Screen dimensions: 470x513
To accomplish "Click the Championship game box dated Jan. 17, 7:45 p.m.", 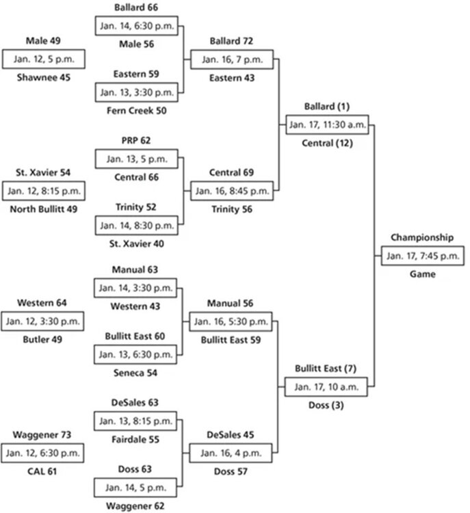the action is (423, 256).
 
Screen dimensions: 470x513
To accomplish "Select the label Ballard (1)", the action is (327, 106).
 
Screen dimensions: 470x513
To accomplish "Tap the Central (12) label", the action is (327, 143).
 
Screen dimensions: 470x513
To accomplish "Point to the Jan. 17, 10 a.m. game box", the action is (326, 386).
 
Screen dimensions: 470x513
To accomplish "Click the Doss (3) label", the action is (326, 405).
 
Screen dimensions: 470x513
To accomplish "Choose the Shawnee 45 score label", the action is (44, 77).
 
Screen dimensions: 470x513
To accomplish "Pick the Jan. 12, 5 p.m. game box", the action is (44, 60).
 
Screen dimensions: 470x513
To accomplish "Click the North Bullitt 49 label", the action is (44, 209).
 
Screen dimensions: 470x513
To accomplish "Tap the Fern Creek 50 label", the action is (136, 111).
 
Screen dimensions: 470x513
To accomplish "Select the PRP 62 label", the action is (136, 140).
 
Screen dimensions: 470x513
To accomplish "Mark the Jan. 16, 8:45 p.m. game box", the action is (232, 191).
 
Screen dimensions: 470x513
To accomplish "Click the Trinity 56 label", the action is (232, 209).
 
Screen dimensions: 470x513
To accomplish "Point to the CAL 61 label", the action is (42, 471).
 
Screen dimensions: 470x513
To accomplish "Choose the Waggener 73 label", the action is (42, 435).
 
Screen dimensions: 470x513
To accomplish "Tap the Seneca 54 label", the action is (135, 373).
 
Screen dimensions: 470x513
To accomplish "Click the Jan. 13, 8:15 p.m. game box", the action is (135, 421).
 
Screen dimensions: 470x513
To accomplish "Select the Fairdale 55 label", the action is (135, 439).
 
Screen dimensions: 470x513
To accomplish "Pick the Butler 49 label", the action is (42, 339).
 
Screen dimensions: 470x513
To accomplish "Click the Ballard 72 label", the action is (231, 41).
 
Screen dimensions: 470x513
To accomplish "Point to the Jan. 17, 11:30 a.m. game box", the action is (327, 124).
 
